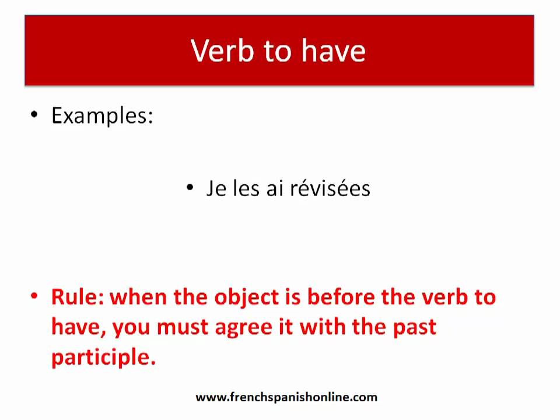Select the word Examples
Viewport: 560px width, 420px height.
(102, 116)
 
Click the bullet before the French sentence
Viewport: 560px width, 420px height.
(190, 187)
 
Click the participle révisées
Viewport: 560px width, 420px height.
(330, 188)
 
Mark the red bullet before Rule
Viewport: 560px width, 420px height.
(34, 296)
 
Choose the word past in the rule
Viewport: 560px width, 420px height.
(415, 327)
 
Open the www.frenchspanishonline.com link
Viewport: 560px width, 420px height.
(286, 397)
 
